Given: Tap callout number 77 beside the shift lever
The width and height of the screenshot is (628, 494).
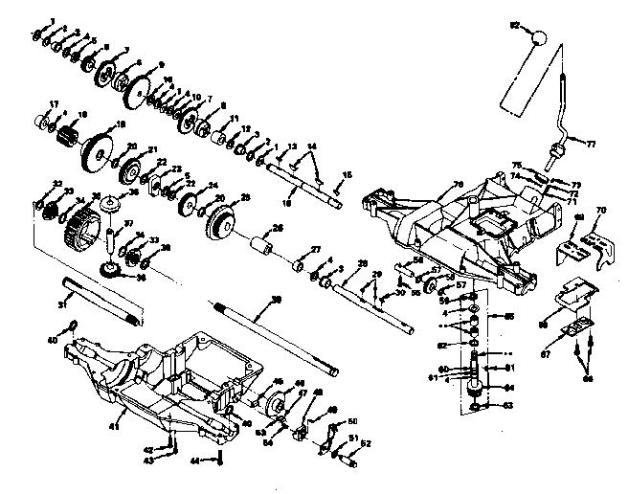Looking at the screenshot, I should click(591, 144).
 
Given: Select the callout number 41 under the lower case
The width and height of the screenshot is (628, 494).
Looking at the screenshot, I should click(115, 425).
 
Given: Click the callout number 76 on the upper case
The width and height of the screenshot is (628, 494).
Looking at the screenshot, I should click(458, 184).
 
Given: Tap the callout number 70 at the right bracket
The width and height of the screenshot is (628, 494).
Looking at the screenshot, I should click(601, 210).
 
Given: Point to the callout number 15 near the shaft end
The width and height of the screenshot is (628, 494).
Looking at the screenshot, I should click(347, 173).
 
